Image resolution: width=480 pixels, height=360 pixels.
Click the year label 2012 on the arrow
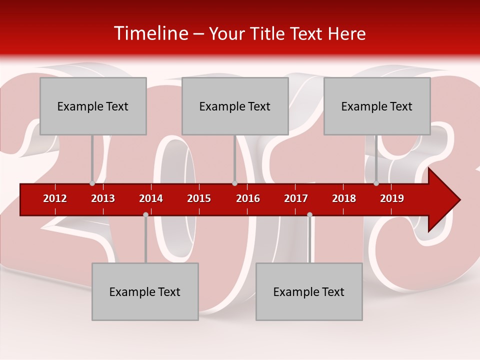[x=55, y=198]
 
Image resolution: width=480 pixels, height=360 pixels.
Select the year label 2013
[x=103, y=198]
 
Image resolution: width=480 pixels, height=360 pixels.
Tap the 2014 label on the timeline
[x=151, y=198]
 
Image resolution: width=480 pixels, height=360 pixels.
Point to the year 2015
[x=199, y=198]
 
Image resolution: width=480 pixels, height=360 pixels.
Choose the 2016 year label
[x=248, y=198]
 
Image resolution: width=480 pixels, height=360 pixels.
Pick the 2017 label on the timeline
[x=296, y=198]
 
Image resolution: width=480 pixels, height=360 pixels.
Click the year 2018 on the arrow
[x=344, y=198]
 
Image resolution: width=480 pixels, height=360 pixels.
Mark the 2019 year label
[x=392, y=198]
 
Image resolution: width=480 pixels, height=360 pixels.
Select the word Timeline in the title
[x=150, y=33]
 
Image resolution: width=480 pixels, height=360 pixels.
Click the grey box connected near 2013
[x=93, y=106]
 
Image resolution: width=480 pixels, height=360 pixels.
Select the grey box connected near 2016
[x=235, y=106]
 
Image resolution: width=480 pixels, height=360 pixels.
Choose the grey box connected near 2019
[x=377, y=106]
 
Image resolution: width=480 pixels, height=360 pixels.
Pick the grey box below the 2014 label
[x=145, y=291]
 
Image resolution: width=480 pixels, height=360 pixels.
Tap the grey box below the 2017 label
[x=309, y=291]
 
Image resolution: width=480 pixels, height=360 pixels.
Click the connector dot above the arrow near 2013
[x=92, y=183]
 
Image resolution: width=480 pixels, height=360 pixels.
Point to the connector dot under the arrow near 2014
[x=145, y=214]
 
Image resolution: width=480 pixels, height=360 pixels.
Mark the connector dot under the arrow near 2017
[x=309, y=214]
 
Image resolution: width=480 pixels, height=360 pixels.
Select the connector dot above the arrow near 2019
[x=376, y=183]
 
